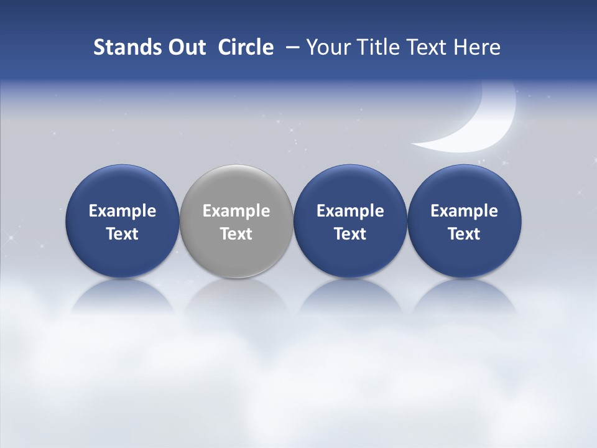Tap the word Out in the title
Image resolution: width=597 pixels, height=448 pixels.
click(185, 47)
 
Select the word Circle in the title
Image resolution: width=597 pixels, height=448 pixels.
click(246, 47)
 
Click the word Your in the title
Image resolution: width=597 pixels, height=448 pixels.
click(328, 47)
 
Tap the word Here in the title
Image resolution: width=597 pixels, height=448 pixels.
click(476, 47)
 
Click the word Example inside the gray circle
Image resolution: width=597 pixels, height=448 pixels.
click(236, 211)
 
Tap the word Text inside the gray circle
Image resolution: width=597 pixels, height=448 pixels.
click(236, 234)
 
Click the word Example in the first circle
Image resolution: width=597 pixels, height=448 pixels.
click(123, 211)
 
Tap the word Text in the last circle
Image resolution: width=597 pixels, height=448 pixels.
click(464, 234)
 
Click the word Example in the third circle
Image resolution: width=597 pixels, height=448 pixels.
click(350, 211)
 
